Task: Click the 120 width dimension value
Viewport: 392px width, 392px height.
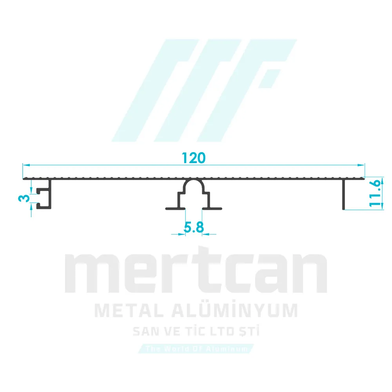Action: (194, 158)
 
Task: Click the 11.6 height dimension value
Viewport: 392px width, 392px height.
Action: (375, 192)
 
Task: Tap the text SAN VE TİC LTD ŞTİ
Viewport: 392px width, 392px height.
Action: (196, 332)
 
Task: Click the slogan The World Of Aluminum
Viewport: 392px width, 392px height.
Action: (196, 348)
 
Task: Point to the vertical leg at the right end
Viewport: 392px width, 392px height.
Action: (343, 194)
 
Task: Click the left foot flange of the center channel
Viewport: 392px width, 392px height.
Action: (172, 208)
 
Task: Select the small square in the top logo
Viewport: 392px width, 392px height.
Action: (270, 78)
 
